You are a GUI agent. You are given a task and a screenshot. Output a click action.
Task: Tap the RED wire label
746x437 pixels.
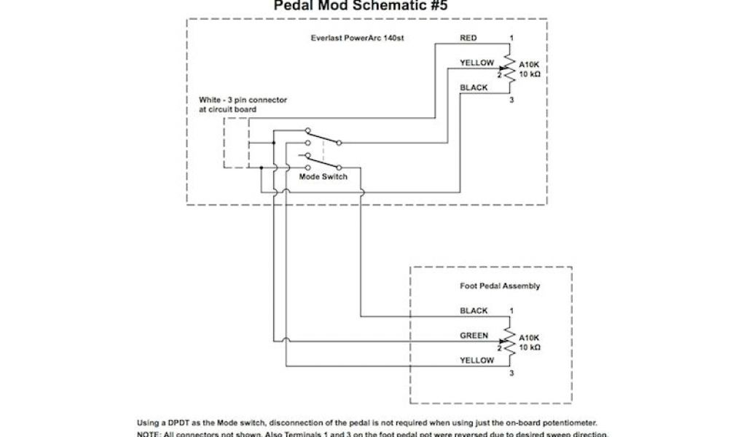coord(468,38)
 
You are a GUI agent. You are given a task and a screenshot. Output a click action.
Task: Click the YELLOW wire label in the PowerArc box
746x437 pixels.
coord(476,63)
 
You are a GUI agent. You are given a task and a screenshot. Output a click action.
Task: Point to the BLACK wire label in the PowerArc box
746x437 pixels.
coord(474,88)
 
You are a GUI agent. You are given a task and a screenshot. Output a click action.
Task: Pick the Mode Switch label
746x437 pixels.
coord(323,177)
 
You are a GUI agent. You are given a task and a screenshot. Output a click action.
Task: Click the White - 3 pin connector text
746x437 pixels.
coord(243,100)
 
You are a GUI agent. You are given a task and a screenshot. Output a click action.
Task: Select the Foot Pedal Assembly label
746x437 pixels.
coord(500,286)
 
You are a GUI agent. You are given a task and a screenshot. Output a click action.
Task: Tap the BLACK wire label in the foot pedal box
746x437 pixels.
coord(474,311)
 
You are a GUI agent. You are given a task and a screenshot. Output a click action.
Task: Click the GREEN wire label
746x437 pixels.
coord(474,336)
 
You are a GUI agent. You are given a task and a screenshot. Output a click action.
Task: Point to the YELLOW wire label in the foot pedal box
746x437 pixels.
coord(476,361)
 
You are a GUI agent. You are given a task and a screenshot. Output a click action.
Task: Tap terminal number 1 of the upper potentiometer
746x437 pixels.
coord(511,37)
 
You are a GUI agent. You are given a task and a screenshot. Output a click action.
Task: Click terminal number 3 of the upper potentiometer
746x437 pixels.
coord(511,100)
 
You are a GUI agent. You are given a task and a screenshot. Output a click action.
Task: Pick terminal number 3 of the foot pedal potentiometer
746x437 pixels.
coord(511,373)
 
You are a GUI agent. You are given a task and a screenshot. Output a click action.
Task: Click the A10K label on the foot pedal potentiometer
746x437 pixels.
coord(529,338)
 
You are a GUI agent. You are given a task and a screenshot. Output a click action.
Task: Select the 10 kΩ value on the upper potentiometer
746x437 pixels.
coord(529,74)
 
